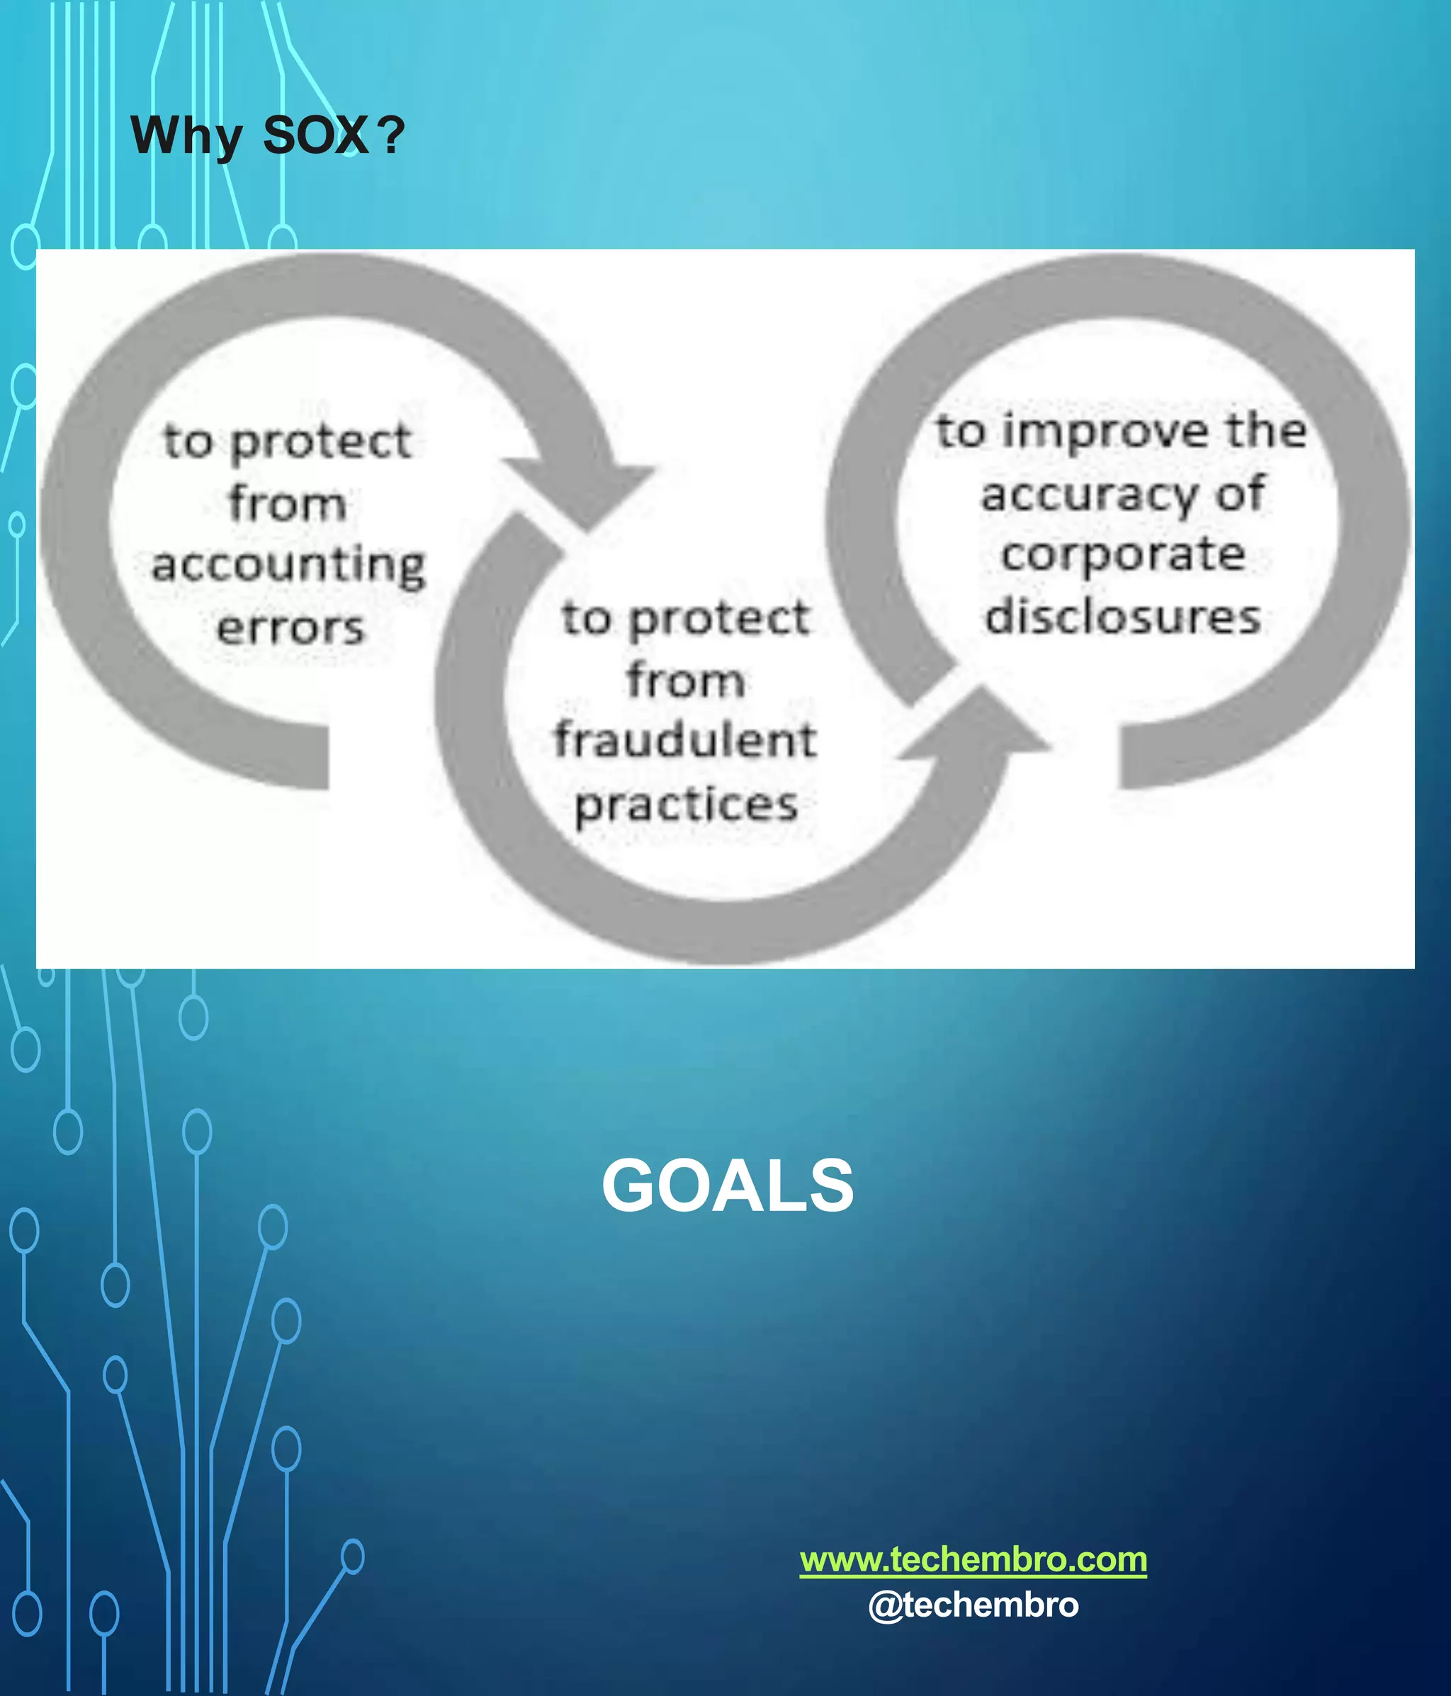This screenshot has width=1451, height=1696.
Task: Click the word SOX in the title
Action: point(315,135)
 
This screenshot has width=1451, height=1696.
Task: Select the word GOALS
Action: point(727,1186)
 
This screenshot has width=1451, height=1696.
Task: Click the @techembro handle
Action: point(973,1605)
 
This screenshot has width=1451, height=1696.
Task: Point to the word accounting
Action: point(289,566)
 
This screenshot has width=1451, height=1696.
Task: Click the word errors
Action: point(290,628)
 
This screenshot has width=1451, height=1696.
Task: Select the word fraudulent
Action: point(685,740)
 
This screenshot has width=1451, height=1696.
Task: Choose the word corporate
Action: point(1123,555)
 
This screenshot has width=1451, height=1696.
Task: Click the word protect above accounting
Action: point(320,442)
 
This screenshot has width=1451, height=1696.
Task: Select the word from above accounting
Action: point(287,503)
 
